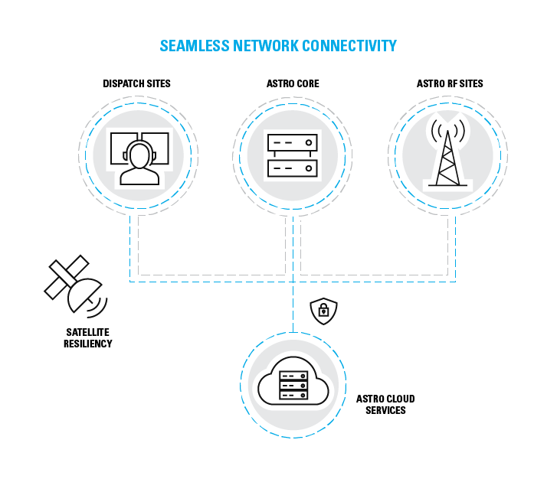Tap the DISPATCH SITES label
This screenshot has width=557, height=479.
click(x=136, y=83)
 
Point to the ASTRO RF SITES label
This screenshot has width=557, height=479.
click(x=450, y=83)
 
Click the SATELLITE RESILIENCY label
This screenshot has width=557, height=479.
click(x=88, y=338)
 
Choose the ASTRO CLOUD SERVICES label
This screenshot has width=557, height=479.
click(x=385, y=405)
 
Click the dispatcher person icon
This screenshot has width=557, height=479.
click(x=139, y=160)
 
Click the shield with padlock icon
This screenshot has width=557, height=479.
click(x=323, y=310)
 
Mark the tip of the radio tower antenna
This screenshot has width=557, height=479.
click(x=449, y=121)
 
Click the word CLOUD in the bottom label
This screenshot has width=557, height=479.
click(x=399, y=399)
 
